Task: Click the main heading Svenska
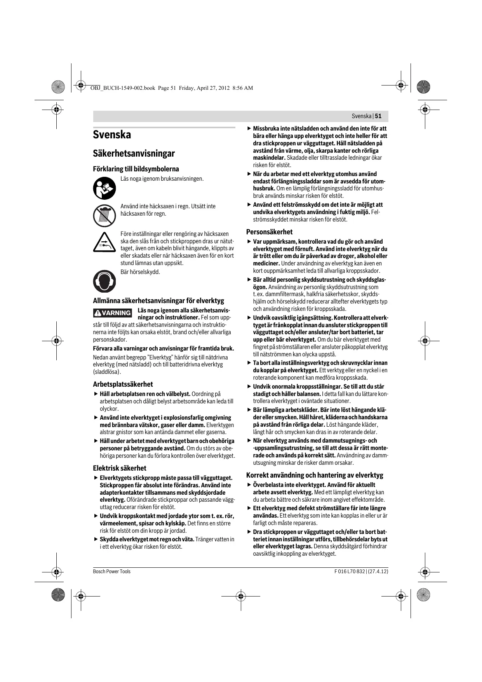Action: coord(112,135)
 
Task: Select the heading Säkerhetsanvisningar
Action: coord(134,153)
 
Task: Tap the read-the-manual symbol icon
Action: coord(104,188)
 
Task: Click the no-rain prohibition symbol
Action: coord(104,215)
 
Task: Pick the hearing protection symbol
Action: coord(104,281)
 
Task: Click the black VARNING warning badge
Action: coord(112,313)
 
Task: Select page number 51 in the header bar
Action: coord(378,116)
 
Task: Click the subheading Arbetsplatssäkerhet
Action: coord(123,384)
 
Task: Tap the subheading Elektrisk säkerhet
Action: coord(120,468)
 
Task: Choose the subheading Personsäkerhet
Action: coord(269,232)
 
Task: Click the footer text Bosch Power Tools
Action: coord(112,571)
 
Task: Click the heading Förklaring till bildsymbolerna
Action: coord(136,169)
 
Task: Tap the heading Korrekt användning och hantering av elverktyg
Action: coord(315,475)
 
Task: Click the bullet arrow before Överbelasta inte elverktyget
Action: coord(249,485)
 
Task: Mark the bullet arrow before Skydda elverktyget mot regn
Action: coord(96,539)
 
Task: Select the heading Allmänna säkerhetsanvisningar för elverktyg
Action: coord(158,301)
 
